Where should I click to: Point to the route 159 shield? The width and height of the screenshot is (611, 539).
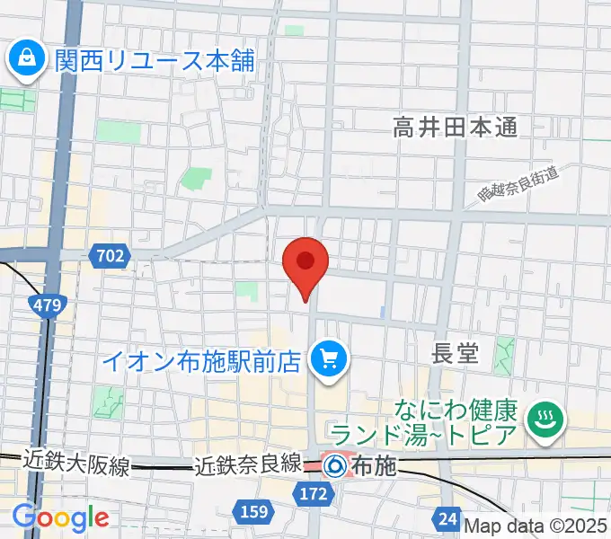[x=253, y=511]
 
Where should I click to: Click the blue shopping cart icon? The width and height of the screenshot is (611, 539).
[x=325, y=361]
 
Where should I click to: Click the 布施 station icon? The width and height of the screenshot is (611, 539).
[x=334, y=465]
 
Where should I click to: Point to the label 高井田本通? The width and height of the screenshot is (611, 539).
[x=456, y=128]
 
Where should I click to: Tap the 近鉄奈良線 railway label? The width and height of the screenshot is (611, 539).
[x=247, y=465]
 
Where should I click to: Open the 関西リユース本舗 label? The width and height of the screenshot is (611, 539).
[x=155, y=61]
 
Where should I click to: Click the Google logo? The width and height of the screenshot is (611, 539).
[x=60, y=518]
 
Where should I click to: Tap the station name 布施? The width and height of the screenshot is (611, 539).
[x=373, y=466]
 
